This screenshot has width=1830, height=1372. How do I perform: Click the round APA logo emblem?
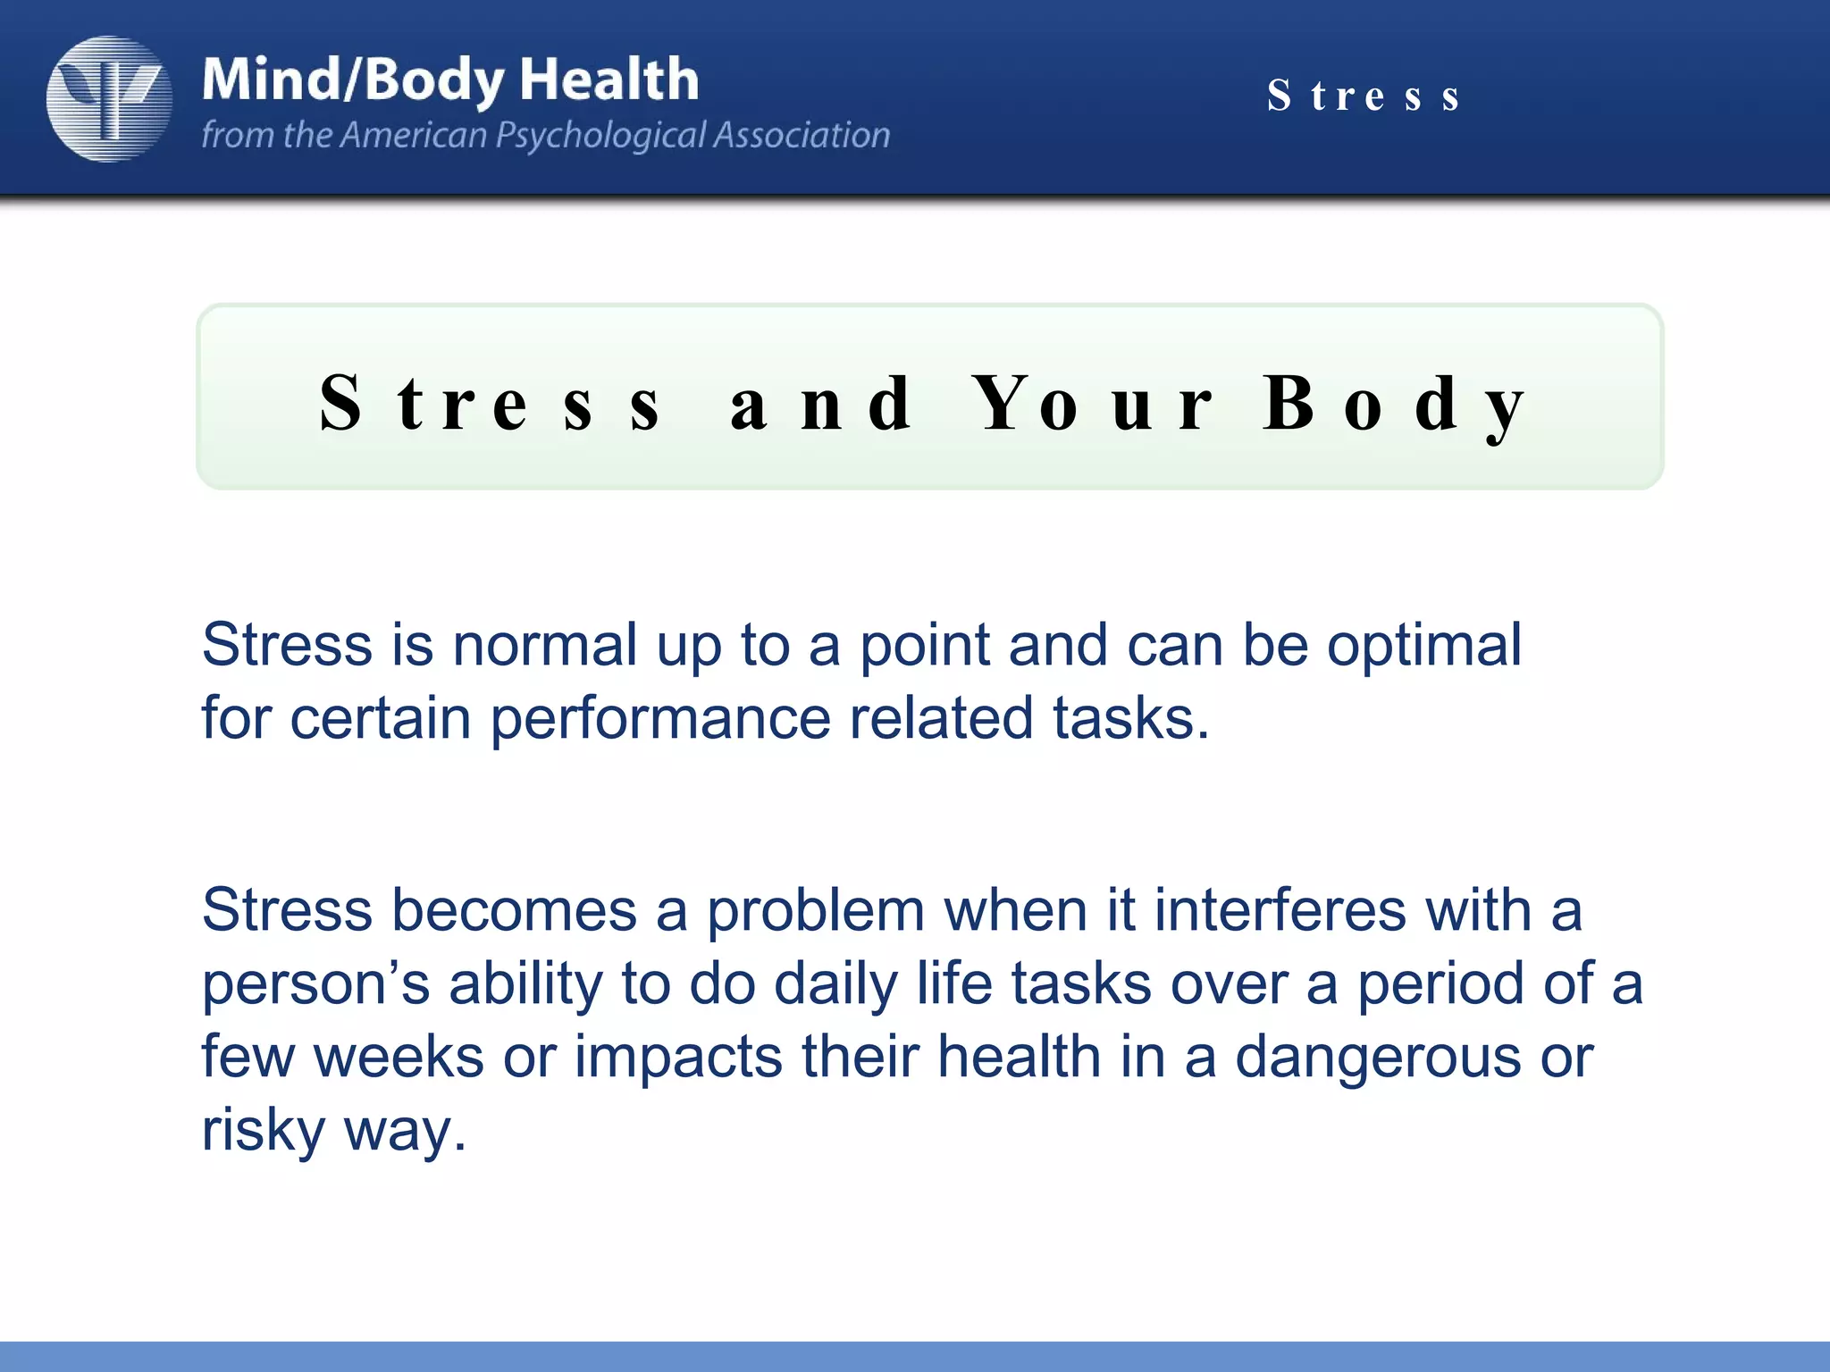tap(109, 98)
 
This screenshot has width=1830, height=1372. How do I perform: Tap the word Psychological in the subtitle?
tap(600, 135)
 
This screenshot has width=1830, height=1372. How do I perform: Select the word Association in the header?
tap(802, 135)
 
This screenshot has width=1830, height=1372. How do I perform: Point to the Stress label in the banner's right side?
tap(1364, 96)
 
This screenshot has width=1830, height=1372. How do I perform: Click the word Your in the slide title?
tap(1092, 404)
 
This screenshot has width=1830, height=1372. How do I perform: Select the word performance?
tap(660, 720)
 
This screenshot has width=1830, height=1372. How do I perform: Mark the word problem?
tap(815, 912)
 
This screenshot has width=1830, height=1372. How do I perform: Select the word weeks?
tap(399, 1057)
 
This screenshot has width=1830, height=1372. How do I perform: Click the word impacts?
tap(678, 1058)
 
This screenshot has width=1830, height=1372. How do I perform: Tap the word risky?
tap(264, 1132)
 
